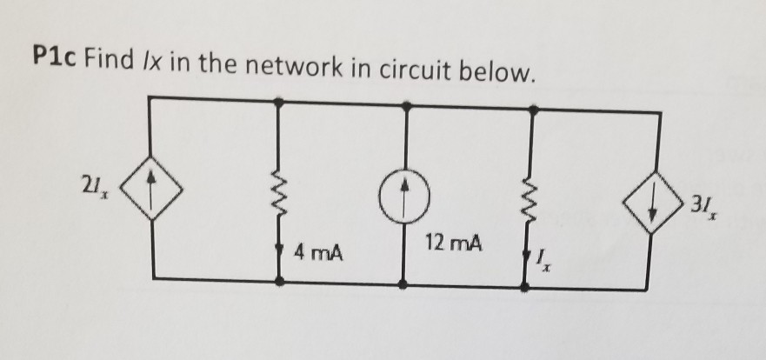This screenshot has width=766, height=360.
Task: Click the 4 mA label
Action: pyautogui.click(x=317, y=254)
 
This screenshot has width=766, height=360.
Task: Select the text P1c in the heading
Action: pyautogui.click(x=53, y=63)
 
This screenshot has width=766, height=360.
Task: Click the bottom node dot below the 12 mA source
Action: pyautogui.click(x=405, y=283)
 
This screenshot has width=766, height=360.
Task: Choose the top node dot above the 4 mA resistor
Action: pyautogui.click(x=279, y=102)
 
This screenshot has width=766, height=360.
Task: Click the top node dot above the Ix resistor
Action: pyautogui.click(x=534, y=110)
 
